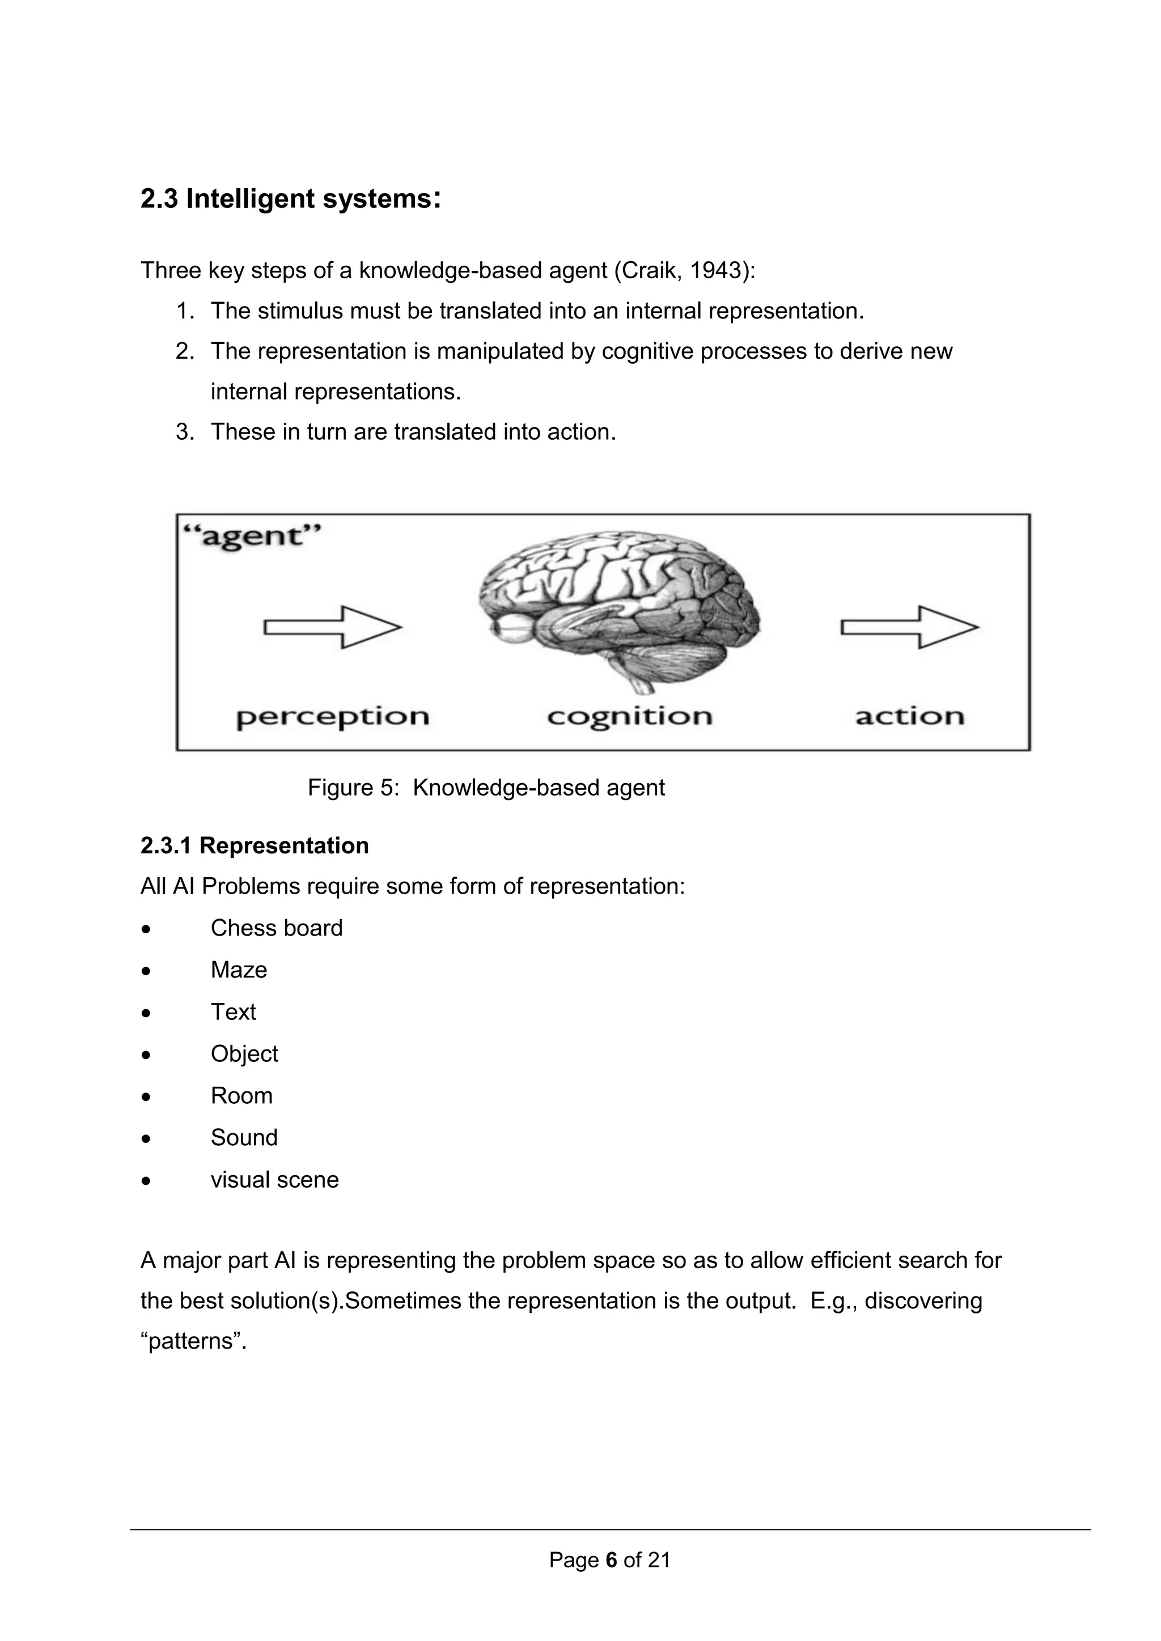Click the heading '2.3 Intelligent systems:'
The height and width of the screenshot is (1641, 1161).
[x=290, y=199]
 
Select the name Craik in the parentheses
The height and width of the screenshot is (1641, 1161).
[x=647, y=271]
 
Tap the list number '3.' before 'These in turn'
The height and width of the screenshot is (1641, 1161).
[x=185, y=432]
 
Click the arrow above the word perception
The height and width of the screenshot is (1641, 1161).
[x=332, y=627]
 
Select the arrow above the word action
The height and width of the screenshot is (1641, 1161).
[x=909, y=627]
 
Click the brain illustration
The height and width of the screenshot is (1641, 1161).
[x=619, y=610]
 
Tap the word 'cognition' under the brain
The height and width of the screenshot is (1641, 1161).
[x=630, y=717]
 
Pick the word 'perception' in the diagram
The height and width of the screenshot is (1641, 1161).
[x=332, y=717]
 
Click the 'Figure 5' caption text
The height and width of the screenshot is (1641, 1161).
[x=486, y=788]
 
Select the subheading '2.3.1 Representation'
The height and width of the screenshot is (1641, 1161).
[x=255, y=845]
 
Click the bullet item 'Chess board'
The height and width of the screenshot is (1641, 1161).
[x=277, y=928]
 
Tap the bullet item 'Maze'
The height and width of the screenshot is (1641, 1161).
[x=239, y=970]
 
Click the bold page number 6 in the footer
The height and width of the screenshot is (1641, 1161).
[x=611, y=1559]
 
